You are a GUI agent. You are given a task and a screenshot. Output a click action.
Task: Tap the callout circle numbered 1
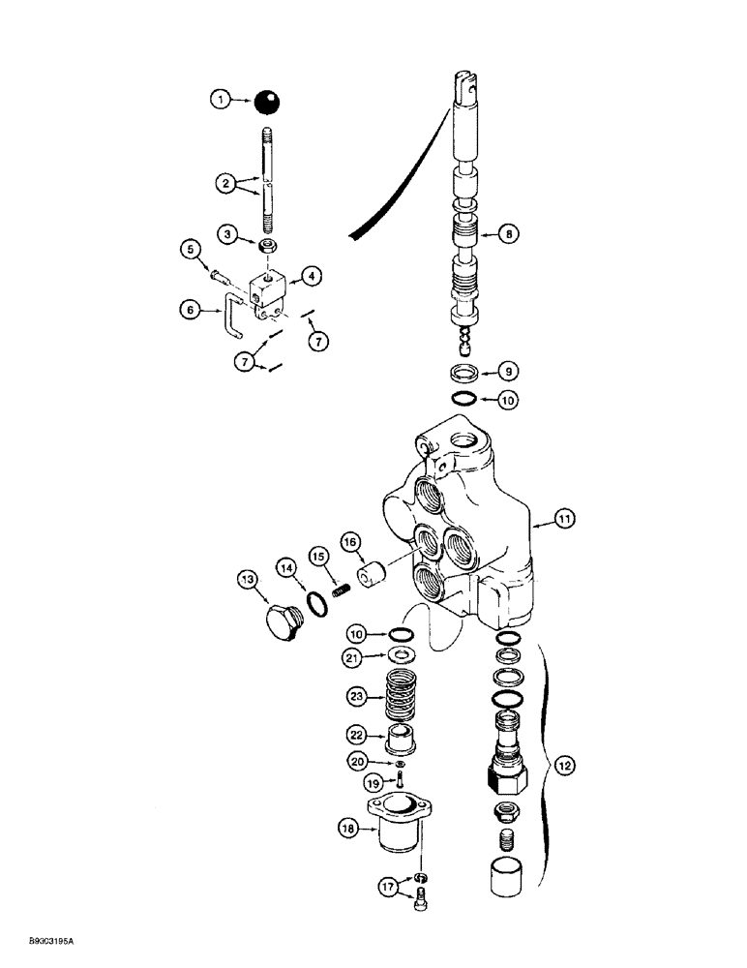221,98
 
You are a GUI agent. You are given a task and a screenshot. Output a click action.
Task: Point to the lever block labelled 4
270,287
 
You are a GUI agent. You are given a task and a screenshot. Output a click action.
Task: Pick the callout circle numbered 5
192,250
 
